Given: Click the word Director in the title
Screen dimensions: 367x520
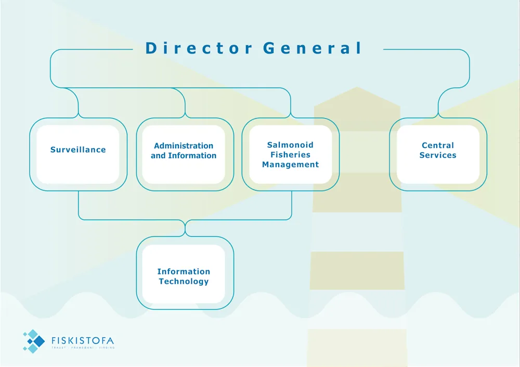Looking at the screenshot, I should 199,48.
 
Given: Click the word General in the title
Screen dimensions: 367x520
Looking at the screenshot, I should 313,48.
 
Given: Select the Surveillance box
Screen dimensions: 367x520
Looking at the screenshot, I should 78,154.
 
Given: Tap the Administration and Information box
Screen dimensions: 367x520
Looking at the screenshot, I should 184,154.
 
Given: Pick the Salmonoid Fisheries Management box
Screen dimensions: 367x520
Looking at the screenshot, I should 290,154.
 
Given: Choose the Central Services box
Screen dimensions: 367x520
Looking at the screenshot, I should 438,154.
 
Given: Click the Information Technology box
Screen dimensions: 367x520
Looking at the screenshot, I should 184,274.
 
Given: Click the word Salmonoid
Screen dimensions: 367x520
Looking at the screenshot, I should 290,145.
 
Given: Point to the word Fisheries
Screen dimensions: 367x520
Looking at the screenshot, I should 290,155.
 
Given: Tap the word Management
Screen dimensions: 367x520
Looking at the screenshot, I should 290,164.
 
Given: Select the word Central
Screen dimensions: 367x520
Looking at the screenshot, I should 438,146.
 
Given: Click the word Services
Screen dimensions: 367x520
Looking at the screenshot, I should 438,155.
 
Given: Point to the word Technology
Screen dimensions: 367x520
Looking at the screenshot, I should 184,282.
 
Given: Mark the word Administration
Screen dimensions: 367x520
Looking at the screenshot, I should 184,146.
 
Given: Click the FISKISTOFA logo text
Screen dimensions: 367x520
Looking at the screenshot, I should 83,341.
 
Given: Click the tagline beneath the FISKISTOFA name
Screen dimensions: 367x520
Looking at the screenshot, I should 83,347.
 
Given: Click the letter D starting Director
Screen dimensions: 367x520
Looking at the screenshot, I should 151,48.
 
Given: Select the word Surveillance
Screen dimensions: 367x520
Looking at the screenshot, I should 78,150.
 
